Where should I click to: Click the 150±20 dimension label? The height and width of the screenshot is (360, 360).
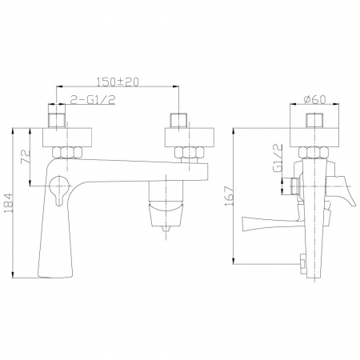tap(118, 82)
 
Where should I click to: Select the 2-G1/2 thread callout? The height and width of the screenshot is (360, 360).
tap(93, 99)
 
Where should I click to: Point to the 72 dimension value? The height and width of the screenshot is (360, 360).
tap(26, 157)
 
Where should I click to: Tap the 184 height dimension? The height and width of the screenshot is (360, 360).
tap(8, 203)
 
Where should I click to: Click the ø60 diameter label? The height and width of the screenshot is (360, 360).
tap(314, 99)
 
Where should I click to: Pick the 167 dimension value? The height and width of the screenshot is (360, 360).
tap(229, 196)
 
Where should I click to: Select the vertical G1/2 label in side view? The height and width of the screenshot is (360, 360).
tap(278, 158)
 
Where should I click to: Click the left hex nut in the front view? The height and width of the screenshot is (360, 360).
tap(67, 153)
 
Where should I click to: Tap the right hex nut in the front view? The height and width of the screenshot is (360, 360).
tap(190, 153)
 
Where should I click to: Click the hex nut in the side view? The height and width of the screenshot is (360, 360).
tap(314, 153)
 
